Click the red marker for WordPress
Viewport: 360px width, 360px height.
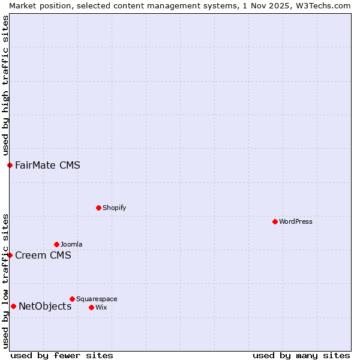click(x=275, y=221)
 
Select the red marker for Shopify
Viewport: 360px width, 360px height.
click(x=98, y=208)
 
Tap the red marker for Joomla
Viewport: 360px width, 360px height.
click(x=56, y=244)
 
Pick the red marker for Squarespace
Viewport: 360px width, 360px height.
click(x=72, y=299)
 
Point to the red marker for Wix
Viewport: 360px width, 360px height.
click(x=91, y=307)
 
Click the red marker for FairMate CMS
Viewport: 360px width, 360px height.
click(x=10, y=165)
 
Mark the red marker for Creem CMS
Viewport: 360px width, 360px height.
click(x=10, y=255)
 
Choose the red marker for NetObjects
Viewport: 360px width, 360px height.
click(x=13, y=306)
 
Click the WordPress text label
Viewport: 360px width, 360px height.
click(x=296, y=221)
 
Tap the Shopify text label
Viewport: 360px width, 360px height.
click(x=115, y=208)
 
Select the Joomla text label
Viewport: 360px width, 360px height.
click(x=71, y=244)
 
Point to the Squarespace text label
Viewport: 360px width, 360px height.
click(x=97, y=299)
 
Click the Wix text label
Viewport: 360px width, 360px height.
click(x=101, y=307)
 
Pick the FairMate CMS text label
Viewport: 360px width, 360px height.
click(x=47, y=165)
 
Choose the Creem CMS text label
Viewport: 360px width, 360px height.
click(x=43, y=255)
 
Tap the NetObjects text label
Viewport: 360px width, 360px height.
click(x=45, y=306)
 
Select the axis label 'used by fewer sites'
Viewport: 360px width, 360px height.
click(x=62, y=355)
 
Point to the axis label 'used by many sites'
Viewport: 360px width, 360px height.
click(x=301, y=355)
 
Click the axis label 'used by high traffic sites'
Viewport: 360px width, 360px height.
click(x=5, y=85)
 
